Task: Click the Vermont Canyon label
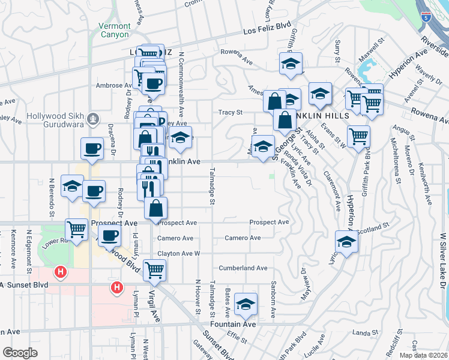point(114,31)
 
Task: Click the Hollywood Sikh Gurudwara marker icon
point(92,119)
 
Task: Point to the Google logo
point(20,353)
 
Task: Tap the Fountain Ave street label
point(240,324)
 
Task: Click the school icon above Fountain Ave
point(246,305)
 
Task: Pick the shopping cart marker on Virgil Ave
point(154,271)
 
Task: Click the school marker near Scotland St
point(346,241)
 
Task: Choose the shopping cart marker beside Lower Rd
point(76,229)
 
